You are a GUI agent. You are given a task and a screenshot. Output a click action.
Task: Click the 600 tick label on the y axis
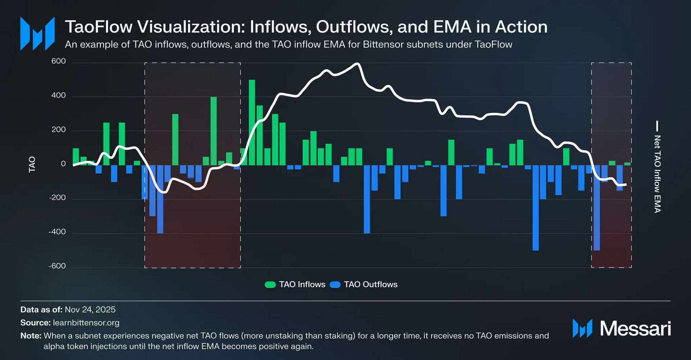58,61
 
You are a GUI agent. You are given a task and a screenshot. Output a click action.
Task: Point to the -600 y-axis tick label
57,266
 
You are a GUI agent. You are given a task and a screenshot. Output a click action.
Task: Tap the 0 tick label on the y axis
63,164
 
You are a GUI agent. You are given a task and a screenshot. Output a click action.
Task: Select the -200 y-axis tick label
57,197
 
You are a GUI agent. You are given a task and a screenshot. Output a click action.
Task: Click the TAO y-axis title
32,164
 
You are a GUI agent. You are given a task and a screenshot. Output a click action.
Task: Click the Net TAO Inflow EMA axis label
657,174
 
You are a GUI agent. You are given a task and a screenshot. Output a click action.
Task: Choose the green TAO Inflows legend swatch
270,285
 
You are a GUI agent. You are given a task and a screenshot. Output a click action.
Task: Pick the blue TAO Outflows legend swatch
335,285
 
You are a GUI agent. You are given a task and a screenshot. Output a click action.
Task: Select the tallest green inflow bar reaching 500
252,122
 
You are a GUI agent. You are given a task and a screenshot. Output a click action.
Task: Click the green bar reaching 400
213,131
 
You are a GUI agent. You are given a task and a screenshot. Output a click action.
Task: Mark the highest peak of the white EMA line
357,64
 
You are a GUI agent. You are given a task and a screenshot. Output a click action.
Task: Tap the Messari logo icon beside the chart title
37,33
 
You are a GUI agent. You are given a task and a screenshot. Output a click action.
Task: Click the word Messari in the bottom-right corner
635,328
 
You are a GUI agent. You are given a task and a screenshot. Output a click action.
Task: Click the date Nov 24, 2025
90,310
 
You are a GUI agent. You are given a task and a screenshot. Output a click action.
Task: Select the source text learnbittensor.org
86,323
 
